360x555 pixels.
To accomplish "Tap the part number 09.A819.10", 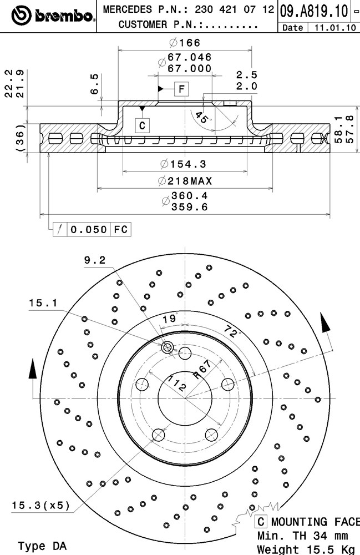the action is [x=313, y=11].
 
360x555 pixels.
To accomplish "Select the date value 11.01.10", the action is [x=335, y=28].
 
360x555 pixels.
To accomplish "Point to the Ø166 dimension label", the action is [x=185, y=43].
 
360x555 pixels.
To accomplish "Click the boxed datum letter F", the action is [x=181, y=88].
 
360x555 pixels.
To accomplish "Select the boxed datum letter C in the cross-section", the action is [x=142, y=125].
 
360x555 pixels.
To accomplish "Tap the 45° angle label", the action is [x=202, y=117].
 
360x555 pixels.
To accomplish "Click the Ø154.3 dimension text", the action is [x=183, y=164].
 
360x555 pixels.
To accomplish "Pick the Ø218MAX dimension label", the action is [x=185, y=181].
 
